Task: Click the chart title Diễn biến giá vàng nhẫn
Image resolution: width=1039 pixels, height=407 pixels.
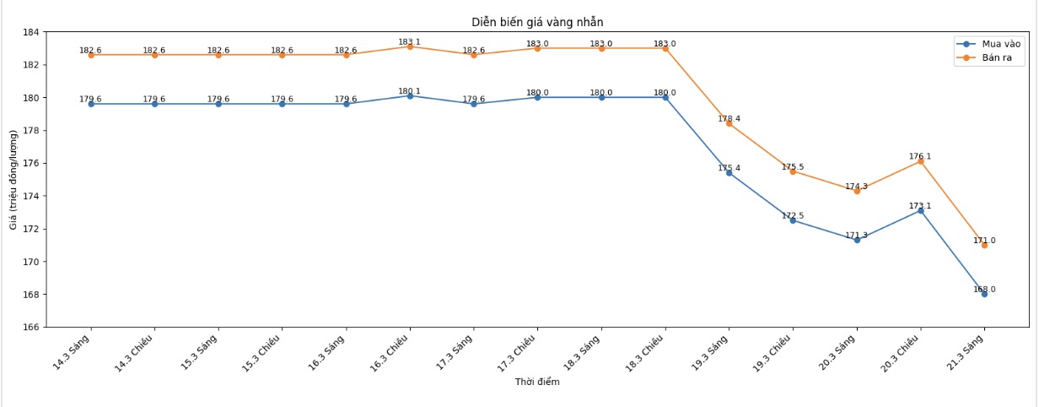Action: point(537,22)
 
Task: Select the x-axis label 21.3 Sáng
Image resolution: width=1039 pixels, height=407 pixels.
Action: point(971,350)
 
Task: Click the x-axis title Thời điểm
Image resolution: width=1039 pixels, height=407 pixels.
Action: point(537,383)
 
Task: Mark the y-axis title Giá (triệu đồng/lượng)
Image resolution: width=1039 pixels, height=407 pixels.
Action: point(13,180)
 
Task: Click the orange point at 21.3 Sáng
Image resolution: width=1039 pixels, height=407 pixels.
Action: point(984,245)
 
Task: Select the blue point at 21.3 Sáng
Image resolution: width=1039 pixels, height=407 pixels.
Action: point(984,294)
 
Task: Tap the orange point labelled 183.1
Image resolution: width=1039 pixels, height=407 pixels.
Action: point(410,46)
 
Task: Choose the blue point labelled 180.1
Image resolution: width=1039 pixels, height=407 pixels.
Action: point(410,95)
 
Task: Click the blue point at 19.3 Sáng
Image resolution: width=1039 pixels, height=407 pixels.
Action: point(729,172)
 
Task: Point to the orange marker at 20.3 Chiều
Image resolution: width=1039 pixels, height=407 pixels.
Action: point(920,161)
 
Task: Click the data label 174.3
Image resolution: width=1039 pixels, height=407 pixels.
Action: point(856,187)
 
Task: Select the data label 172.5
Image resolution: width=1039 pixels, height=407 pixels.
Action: point(793,216)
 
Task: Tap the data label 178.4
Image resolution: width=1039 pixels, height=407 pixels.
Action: point(729,119)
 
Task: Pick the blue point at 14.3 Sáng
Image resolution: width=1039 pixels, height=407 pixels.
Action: point(91,104)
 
